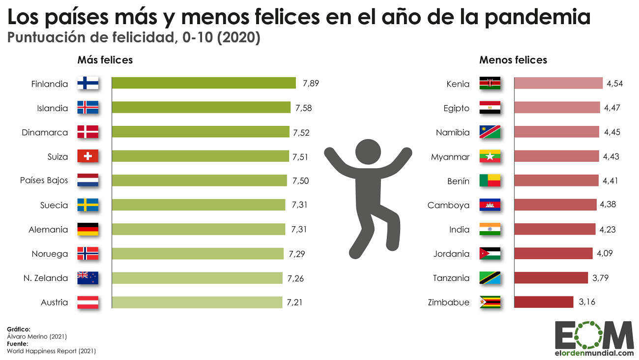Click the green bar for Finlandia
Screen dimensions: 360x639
pos(203,83)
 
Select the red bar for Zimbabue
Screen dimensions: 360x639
pos(544,302)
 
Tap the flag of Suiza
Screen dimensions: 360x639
pos(88,156)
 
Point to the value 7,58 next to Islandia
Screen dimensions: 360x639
pos(303,108)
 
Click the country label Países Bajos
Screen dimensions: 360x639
pos(44,180)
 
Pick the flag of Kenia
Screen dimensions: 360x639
pos(490,83)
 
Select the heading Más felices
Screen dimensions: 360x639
pos(105,60)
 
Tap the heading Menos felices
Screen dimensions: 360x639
pos(513,60)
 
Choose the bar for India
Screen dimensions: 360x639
pos(554,229)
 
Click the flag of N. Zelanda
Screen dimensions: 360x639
pos(88,278)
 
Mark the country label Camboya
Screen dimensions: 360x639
pos(448,205)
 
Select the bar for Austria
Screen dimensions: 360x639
pos(197,302)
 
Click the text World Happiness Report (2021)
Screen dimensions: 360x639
pos(51,351)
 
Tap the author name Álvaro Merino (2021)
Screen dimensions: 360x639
pos(37,336)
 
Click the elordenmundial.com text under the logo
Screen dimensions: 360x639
pos(594,353)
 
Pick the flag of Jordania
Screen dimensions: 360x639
pos(490,253)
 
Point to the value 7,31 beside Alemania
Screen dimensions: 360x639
pos(299,229)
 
